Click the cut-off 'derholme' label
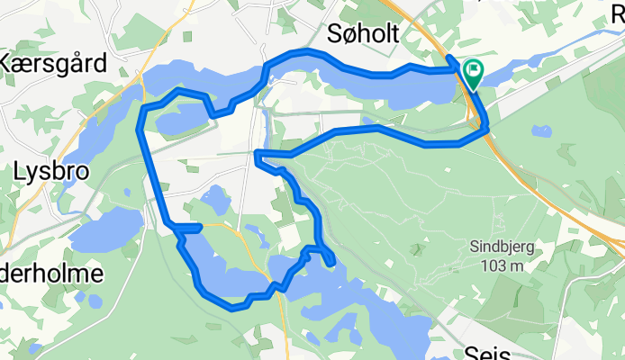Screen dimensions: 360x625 [x=51, y=274]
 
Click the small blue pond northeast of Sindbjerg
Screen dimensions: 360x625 [x=541, y=131]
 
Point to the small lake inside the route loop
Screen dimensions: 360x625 [x=214, y=200]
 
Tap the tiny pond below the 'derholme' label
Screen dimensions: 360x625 [x=81, y=298]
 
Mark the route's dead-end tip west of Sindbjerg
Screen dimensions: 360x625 [x=331, y=262]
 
